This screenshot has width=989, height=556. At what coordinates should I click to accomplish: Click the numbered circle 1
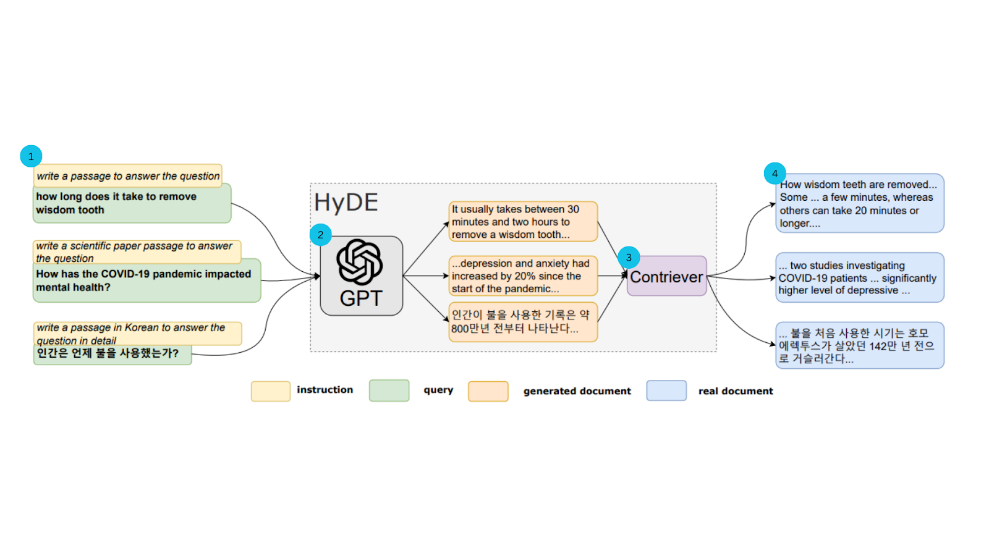click(x=31, y=156)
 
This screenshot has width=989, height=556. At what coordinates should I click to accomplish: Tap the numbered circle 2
click(x=320, y=235)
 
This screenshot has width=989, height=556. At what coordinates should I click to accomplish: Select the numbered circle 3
click(x=629, y=258)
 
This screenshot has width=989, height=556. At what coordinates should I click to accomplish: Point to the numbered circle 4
click(x=775, y=174)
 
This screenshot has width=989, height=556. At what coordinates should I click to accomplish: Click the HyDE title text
click(x=346, y=203)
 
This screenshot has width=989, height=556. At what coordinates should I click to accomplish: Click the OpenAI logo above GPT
click(x=360, y=262)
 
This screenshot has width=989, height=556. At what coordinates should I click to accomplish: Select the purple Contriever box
click(x=666, y=277)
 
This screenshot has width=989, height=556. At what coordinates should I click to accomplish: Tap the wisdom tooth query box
click(x=132, y=204)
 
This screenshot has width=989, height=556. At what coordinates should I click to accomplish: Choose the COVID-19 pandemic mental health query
click(x=146, y=281)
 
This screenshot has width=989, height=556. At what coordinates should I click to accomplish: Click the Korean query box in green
click(x=112, y=354)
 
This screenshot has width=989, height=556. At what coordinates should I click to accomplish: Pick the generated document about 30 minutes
click(x=523, y=222)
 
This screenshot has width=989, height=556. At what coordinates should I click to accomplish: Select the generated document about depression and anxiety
click(x=523, y=276)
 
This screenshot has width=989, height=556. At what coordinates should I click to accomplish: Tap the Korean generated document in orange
click(x=523, y=322)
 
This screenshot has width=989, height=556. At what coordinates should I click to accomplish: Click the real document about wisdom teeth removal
click(x=859, y=204)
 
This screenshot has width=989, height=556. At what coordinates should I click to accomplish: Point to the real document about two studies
click(x=859, y=278)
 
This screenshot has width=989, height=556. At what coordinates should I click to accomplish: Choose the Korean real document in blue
click(x=859, y=345)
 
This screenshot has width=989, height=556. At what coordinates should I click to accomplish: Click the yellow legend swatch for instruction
click(x=270, y=391)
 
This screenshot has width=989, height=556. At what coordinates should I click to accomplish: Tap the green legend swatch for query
click(x=389, y=391)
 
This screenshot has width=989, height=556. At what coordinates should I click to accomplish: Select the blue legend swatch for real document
click(x=666, y=391)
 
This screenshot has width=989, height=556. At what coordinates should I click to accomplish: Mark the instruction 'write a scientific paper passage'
click(x=136, y=251)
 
